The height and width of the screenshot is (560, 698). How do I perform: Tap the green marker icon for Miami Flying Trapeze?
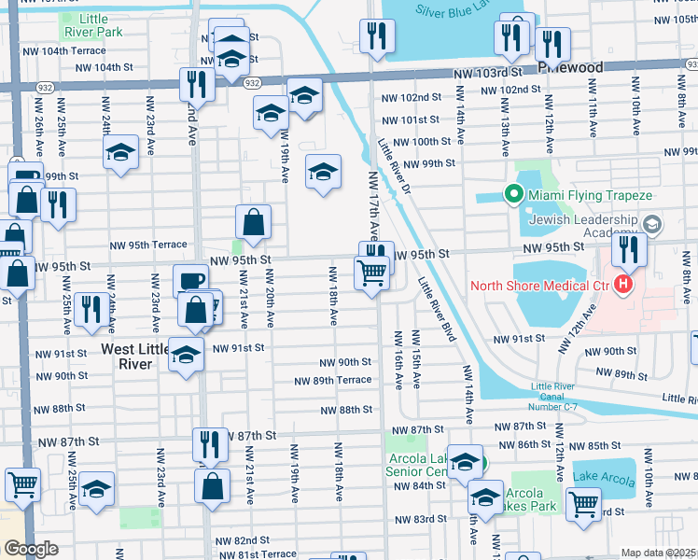512,195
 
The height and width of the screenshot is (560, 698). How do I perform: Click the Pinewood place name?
570,67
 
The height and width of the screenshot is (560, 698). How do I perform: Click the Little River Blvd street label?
437,310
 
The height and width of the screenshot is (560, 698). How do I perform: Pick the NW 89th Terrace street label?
332,380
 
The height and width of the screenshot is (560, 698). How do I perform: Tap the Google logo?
31,549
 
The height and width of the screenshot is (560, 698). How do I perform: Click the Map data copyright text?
658,553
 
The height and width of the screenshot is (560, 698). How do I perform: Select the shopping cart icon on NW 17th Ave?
371,273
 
